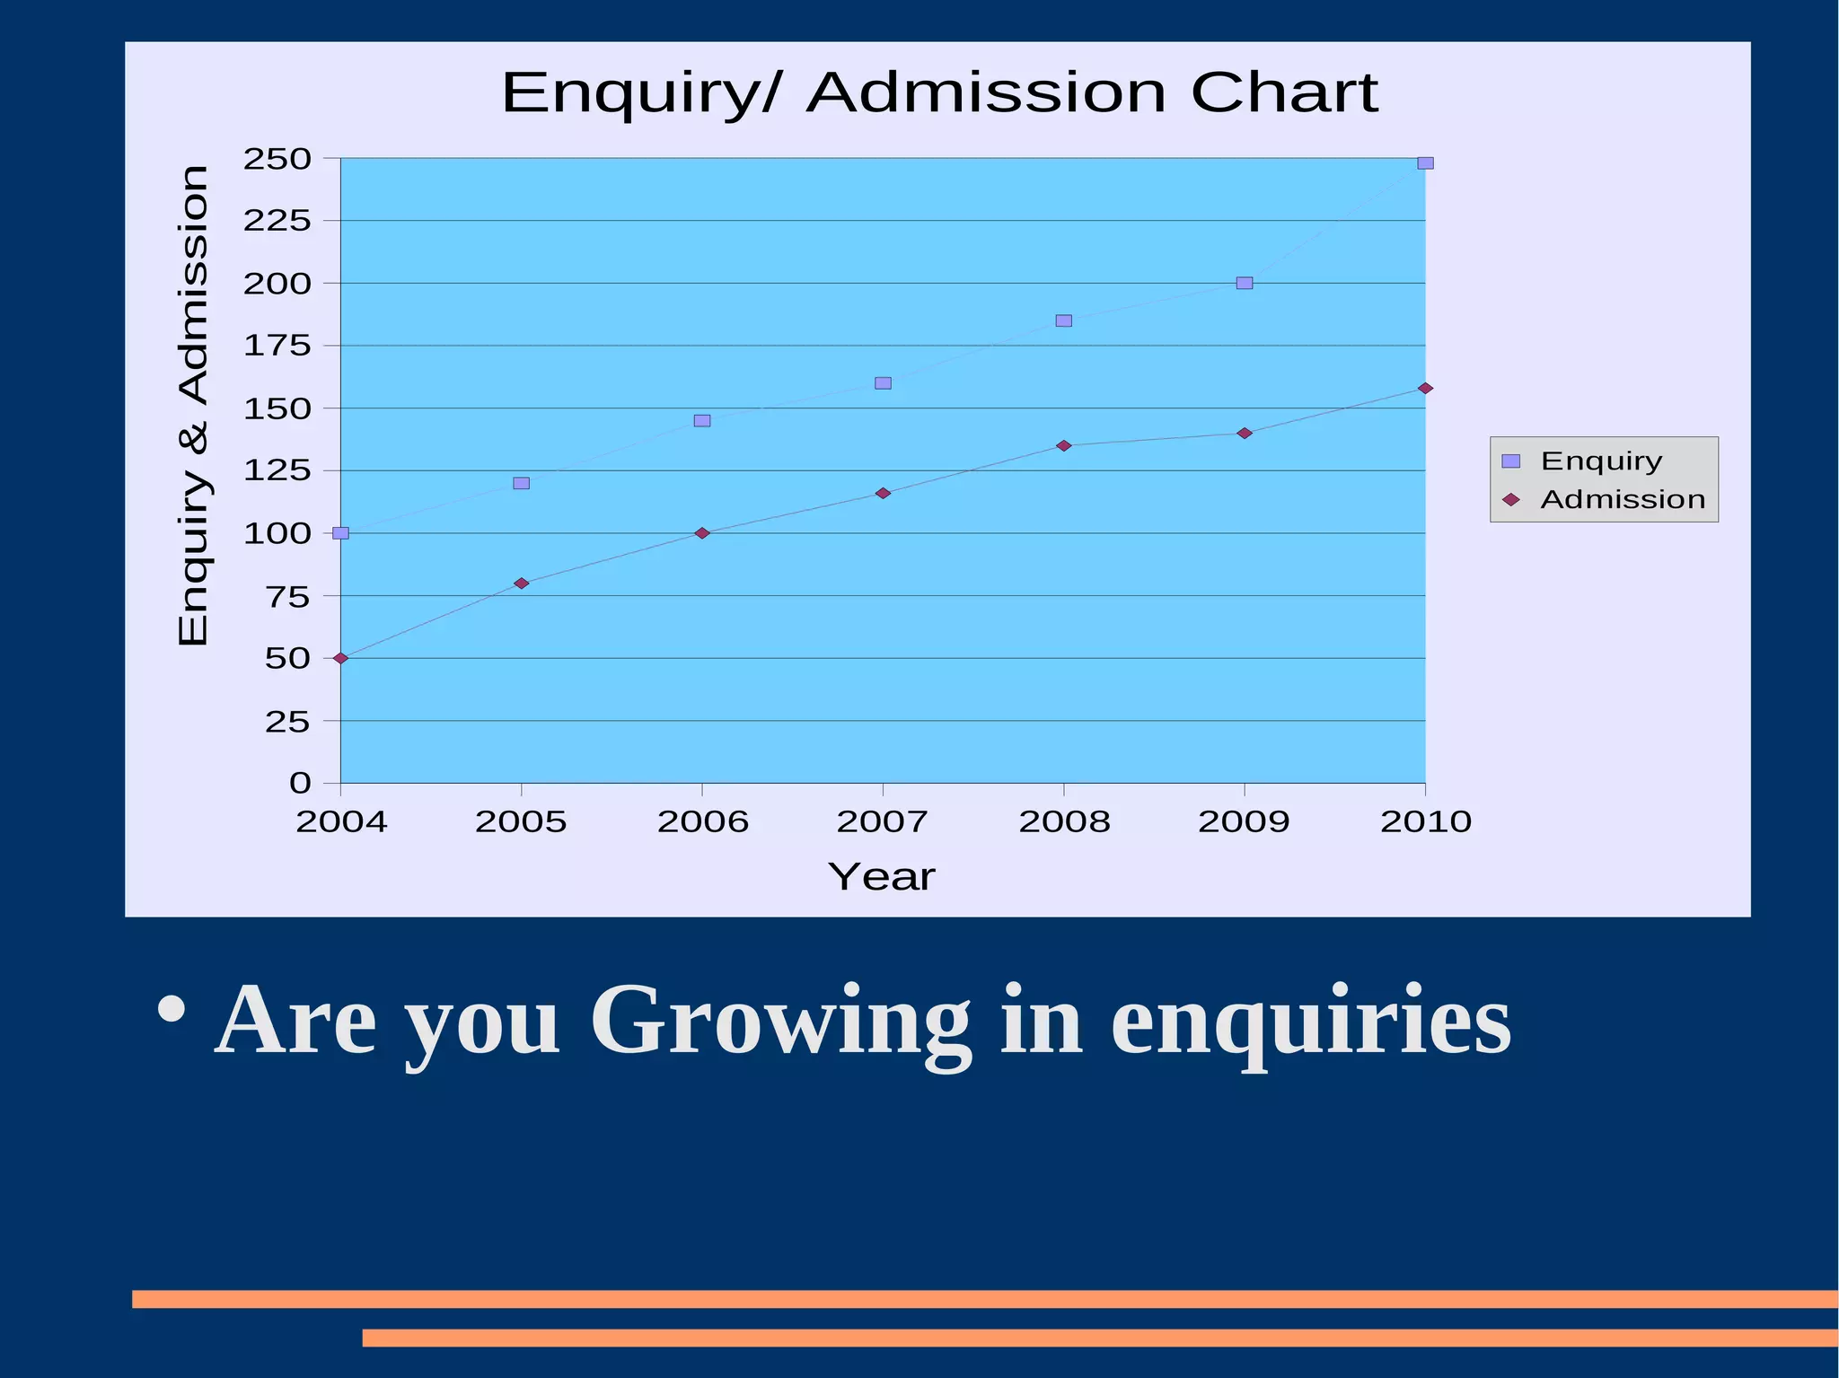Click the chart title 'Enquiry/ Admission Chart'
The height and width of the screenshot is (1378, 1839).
(x=939, y=92)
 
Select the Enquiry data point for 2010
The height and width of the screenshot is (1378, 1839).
(x=1425, y=163)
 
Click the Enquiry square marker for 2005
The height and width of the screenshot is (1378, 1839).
(x=521, y=483)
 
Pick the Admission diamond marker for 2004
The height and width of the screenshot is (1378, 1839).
(x=340, y=658)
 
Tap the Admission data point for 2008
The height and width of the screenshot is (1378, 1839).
(x=1064, y=445)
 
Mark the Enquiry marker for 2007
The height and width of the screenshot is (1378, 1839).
(x=883, y=383)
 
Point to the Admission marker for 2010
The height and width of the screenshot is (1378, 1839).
(x=1425, y=388)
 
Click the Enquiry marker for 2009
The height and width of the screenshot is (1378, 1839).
(x=1245, y=283)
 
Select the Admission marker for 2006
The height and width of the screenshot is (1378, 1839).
(x=702, y=533)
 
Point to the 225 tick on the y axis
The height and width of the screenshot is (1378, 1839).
(x=277, y=221)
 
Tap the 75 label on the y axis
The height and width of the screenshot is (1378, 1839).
(x=287, y=596)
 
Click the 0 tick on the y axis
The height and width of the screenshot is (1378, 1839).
(x=300, y=783)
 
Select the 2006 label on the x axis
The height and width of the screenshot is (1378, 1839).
(x=703, y=821)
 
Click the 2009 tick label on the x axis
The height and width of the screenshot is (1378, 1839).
(x=1244, y=821)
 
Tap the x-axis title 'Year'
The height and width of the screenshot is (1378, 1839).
(x=881, y=877)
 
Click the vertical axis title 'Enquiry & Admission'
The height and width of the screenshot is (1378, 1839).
(x=194, y=405)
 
